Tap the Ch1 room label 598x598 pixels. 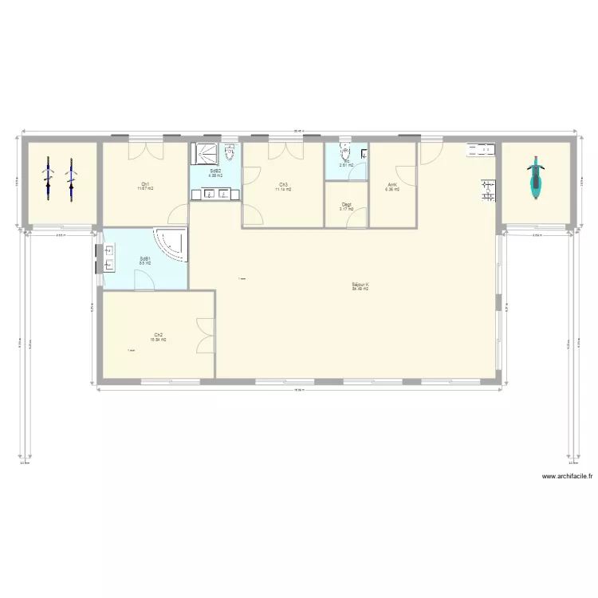coord(144,186)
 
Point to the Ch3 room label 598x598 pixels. coord(283,187)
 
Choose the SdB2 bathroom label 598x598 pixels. coord(215,172)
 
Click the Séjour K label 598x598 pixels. coord(360,286)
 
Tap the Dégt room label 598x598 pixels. coord(346,207)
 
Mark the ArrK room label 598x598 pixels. coord(391,187)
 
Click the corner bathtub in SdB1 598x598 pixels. coord(171,243)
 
